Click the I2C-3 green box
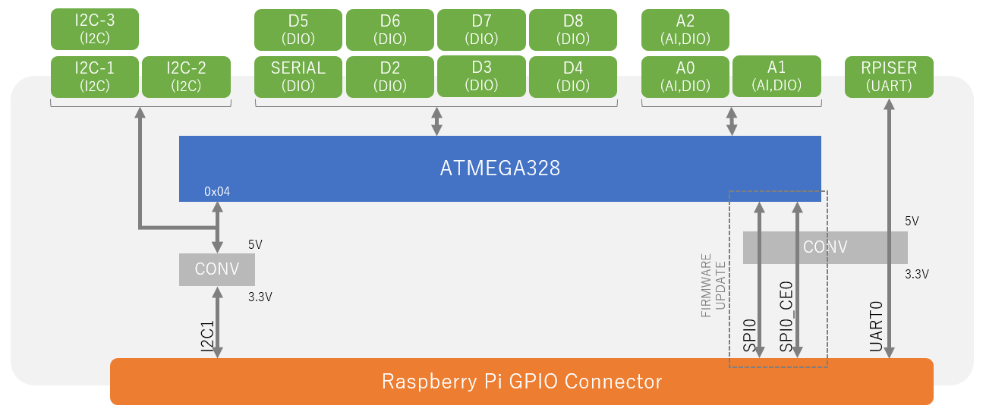pos(94,29)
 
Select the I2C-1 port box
pos(94,77)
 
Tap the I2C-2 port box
pos(186,77)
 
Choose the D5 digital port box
pos(298,29)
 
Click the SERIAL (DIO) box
pos(298,77)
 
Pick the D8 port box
pos(572,29)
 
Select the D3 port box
pos(481,77)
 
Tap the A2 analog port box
pos(685,29)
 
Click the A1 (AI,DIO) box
pos(777,77)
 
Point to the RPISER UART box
pos(889,77)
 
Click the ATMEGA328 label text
pos(499,168)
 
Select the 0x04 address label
pos(217,192)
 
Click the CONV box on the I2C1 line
pos(216,269)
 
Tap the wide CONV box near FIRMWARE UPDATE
pos(825,247)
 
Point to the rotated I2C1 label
pos(206,335)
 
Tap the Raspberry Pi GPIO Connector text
pos(521,382)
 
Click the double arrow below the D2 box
pos(436,121)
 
